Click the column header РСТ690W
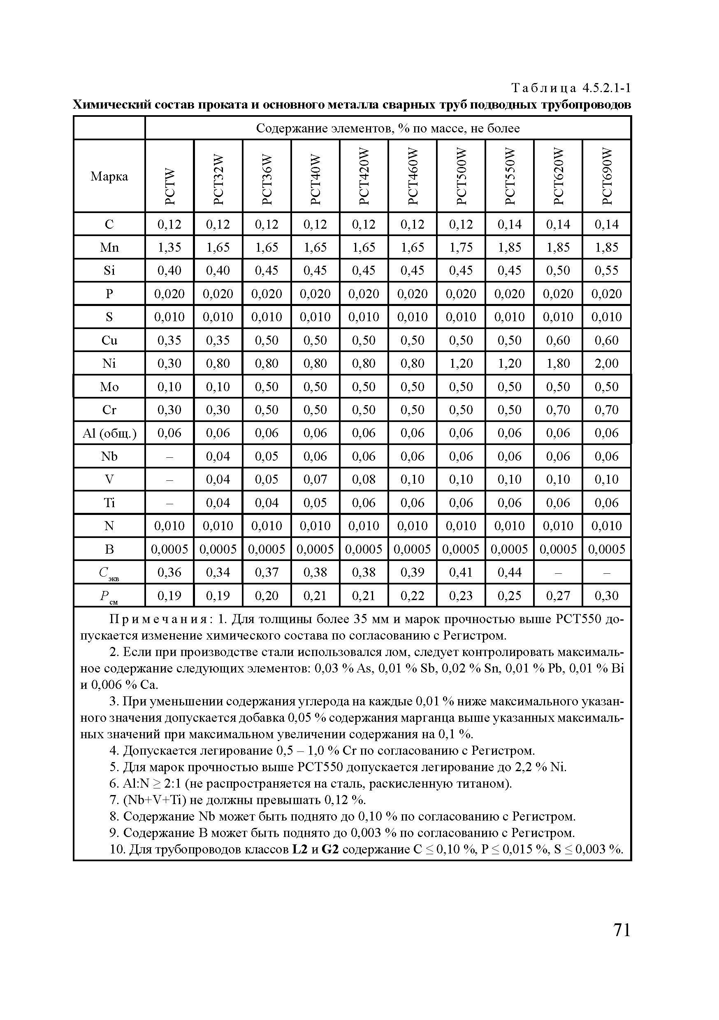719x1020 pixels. (607, 176)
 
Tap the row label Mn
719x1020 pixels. (109, 248)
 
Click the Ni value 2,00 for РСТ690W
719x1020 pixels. (607, 364)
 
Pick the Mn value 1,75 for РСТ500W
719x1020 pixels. (461, 248)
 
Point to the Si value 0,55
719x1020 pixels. (607, 271)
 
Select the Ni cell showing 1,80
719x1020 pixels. (558, 364)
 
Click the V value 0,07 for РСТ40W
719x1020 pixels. (315, 479)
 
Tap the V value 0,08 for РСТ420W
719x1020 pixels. (364, 479)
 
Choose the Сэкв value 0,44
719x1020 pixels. (509, 572)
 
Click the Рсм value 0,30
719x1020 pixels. (607, 595)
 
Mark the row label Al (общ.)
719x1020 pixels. (109, 433)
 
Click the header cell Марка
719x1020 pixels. (109, 176)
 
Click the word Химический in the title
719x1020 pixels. (111, 105)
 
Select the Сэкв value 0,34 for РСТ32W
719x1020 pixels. (218, 572)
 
